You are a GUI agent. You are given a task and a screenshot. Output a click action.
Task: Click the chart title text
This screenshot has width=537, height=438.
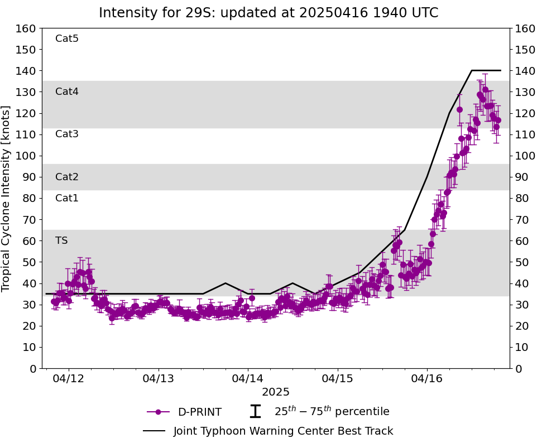268,13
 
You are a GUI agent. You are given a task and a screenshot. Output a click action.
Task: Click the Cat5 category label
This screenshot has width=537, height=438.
67,38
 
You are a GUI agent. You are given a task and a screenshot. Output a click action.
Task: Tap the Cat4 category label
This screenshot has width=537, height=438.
67,92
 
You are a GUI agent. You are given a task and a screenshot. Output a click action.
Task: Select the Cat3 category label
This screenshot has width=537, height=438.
67,134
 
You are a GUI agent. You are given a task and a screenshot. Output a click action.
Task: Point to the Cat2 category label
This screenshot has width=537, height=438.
67,177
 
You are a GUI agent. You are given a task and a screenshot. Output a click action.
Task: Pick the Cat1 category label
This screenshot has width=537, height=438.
67,198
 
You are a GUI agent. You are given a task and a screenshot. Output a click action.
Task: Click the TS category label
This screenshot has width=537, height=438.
61,240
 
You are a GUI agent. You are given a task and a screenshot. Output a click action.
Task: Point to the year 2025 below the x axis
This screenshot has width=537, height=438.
276,392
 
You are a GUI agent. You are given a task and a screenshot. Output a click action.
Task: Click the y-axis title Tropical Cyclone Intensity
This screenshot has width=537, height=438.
7,198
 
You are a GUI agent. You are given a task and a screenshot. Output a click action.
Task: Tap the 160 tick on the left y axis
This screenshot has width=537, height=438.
27,28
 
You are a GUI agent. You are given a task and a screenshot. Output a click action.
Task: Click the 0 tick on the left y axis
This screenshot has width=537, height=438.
32,368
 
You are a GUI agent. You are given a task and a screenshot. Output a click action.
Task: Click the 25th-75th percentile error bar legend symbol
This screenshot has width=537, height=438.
255,412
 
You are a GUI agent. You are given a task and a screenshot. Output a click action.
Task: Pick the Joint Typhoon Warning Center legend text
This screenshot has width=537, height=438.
283,431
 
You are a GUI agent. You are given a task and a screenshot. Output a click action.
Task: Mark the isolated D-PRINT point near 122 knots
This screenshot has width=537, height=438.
459,110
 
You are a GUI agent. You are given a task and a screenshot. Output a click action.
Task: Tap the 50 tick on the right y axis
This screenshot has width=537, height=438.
521,262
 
